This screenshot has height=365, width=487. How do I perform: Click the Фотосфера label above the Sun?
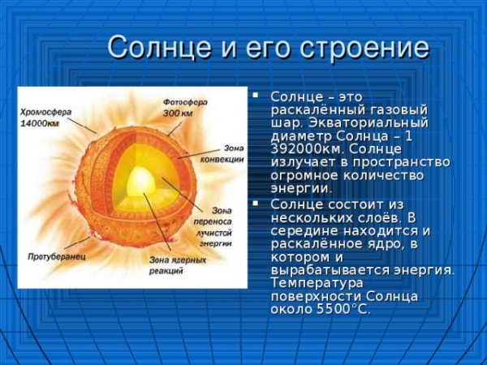[186, 103]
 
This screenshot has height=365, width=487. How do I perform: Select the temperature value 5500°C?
[340, 309]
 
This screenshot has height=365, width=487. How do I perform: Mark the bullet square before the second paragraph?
[259, 204]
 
